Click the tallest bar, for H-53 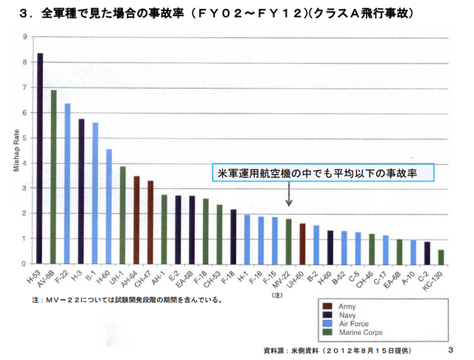pos(40,159)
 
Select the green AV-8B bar pos(53,177)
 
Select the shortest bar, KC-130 pos(441,256)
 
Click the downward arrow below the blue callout pos(288,196)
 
